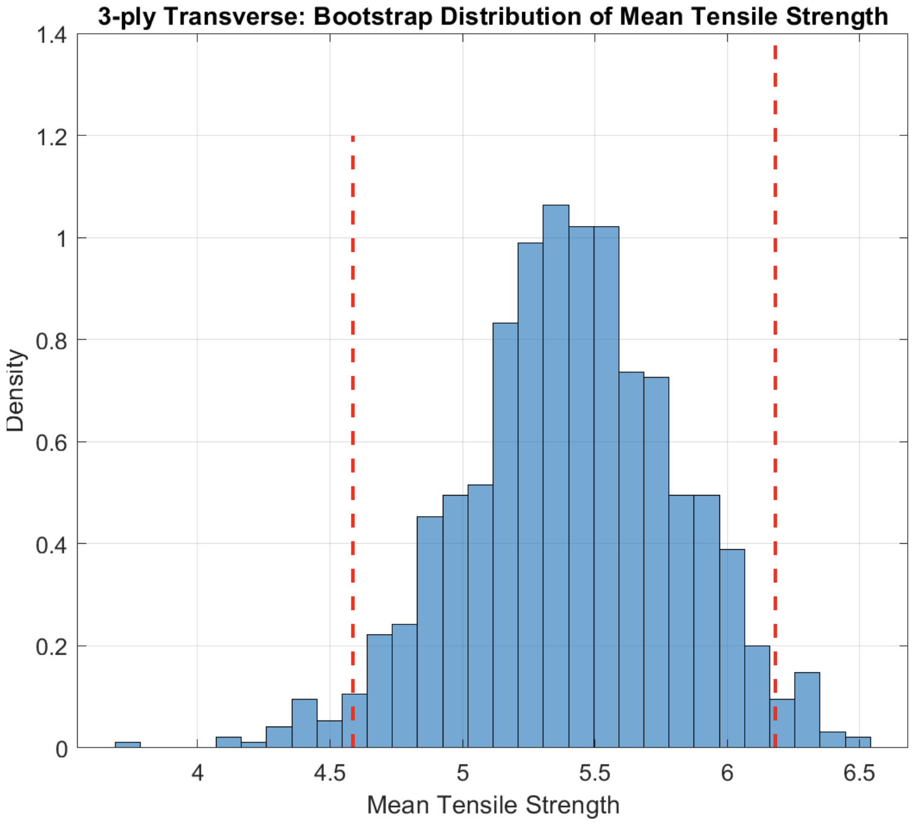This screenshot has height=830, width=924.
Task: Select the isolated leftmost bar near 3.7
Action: click(x=128, y=745)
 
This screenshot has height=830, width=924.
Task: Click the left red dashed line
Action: click(x=353, y=421)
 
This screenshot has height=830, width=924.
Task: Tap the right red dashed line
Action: click(x=775, y=361)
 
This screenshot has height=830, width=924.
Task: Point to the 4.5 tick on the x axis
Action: click(x=330, y=773)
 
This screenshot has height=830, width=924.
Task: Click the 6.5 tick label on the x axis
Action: click(x=859, y=773)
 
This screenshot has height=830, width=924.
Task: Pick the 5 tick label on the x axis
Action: click(x=462, y=773)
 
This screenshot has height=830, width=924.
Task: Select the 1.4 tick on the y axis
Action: click(x=52, y=35)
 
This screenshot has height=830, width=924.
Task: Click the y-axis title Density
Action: click(x=16, y=391)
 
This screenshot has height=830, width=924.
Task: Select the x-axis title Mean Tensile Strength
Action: click(x=493, y=805)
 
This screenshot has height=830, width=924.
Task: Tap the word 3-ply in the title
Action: click(x=128, y=16)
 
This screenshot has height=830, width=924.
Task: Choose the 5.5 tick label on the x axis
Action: click(x=594, y=773)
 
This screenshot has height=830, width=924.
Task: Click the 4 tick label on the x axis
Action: click(x=197, y=773)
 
